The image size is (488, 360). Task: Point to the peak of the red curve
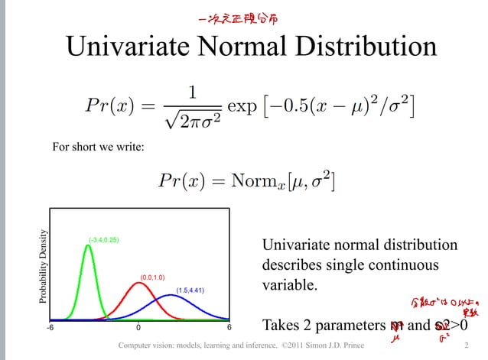(138, 284)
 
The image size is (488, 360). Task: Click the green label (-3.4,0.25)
(103, 240)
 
